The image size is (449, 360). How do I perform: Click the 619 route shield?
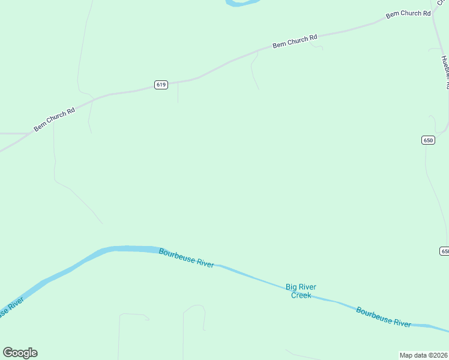(160, 85)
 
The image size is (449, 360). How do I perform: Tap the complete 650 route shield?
(427, 140)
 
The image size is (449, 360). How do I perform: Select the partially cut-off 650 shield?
(444, 251)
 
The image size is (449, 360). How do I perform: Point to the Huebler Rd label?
(445, 72)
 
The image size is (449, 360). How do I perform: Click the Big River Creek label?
(301, 291)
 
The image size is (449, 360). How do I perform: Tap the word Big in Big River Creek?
(292, 287)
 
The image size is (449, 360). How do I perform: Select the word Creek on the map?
(301, 295)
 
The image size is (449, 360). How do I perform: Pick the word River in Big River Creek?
(308, 287)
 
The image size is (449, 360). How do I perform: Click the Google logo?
(20, 353)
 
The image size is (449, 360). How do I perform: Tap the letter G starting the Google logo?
(7, 353)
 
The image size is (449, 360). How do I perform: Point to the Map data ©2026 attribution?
(423, 355)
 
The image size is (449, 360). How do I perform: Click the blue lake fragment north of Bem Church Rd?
(243, 2)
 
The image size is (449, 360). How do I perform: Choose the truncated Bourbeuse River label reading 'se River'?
(12, 307)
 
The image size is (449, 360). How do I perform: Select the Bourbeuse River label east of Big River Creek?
(384, 316)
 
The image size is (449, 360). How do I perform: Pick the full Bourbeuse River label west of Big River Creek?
(186, 259)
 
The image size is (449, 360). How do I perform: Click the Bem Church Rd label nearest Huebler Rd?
(408, 14)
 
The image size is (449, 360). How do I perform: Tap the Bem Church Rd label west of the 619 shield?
(54, 119)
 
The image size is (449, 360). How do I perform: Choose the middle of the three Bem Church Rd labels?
(294, 41)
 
